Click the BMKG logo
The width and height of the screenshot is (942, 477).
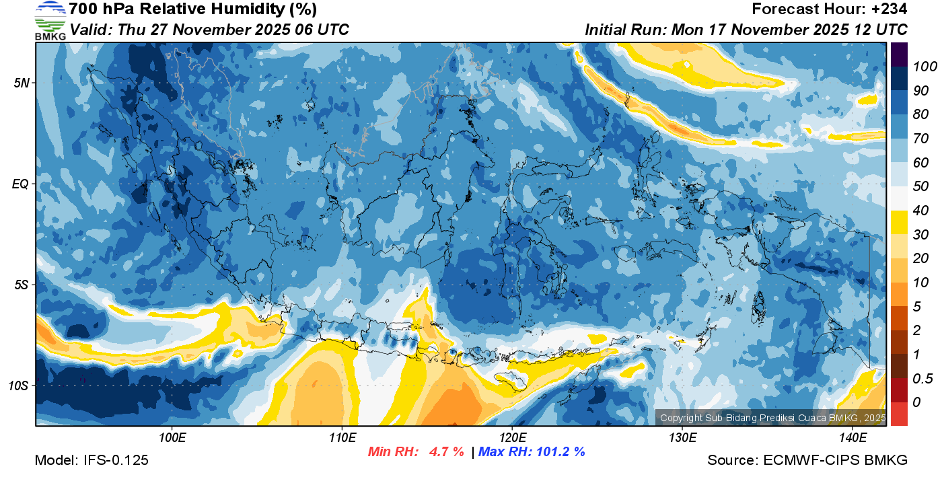[50, 20]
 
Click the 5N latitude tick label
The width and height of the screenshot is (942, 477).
[22, 83]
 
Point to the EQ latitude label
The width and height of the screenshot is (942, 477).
[21, 184]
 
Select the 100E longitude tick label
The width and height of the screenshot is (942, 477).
[172, 438]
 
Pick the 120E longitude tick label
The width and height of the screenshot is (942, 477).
[512, 438]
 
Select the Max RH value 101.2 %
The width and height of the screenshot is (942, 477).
[558, 451]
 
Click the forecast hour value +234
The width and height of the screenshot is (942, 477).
[889, 9]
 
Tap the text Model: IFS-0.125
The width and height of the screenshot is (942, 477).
[92, 460]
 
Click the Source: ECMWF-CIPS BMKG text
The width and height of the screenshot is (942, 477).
[807, 460]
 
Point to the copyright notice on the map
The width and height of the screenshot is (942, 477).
[772, 418]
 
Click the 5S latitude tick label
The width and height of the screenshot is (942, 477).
[21, 285]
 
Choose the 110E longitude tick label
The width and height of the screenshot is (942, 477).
[342, 438]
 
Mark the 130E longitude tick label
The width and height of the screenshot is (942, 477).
[682, 438]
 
